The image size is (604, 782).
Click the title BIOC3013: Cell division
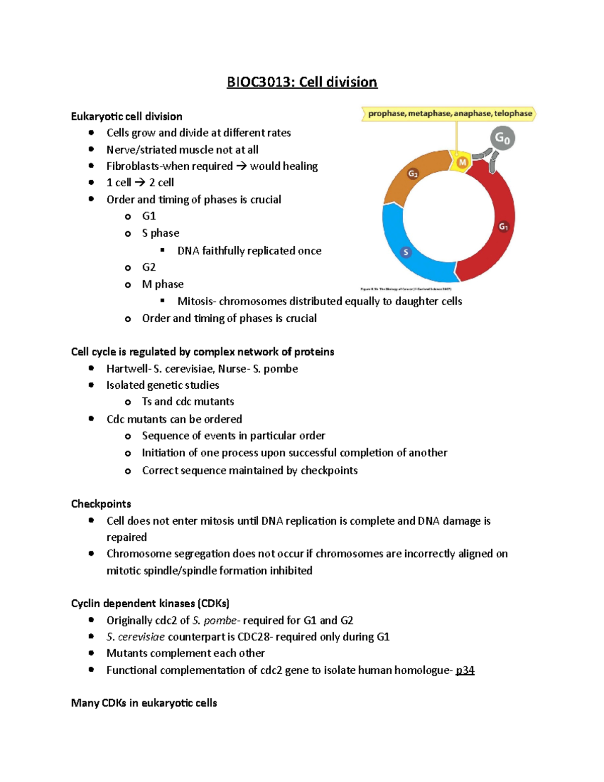pyautogui.click(x=302, y=82)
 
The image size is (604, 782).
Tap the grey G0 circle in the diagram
pyautogui.click(x=502, y=138)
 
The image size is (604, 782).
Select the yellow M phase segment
pyautogui.click(x=462, y=163)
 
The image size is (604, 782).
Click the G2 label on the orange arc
pyautogui.click(x=413, y=174)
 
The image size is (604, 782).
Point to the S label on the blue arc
pyautogui.click(x=406, y=252)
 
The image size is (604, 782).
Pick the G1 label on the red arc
pyautogui.click(x=503, y=227)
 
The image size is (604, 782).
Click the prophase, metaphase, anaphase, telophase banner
pyautogui.click(x=449, y=114)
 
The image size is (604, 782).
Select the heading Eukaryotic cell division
pyautogui.click(x=127, y=116)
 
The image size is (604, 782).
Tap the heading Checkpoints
pyautogui.click(x=101, y=504)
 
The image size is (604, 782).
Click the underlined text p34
pyautogui.click(x=465, y=670)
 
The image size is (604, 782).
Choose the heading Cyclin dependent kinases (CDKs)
pyautogui.click(x=150, y=603)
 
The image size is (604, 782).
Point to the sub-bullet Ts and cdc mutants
pyautogui.click(x=188, y=401)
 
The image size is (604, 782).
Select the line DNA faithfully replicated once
pyautogui.click(x=249, y=251)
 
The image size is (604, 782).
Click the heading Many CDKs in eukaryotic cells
pyautogui.click(x=144, y=703)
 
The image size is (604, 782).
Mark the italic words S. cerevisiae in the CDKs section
pyautogui.click(x=135, y=637)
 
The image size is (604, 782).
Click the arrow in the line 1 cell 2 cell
pyautogui.click(x=140, y=182)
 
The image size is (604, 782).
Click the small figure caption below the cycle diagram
pyautogui.click(x=406, y=289)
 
